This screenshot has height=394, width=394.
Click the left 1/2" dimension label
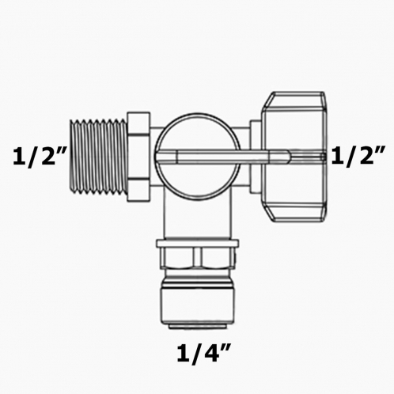(37, 156)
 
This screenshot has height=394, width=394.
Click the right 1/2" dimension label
(358, 155)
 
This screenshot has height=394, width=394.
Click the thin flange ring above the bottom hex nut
(199, 241)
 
